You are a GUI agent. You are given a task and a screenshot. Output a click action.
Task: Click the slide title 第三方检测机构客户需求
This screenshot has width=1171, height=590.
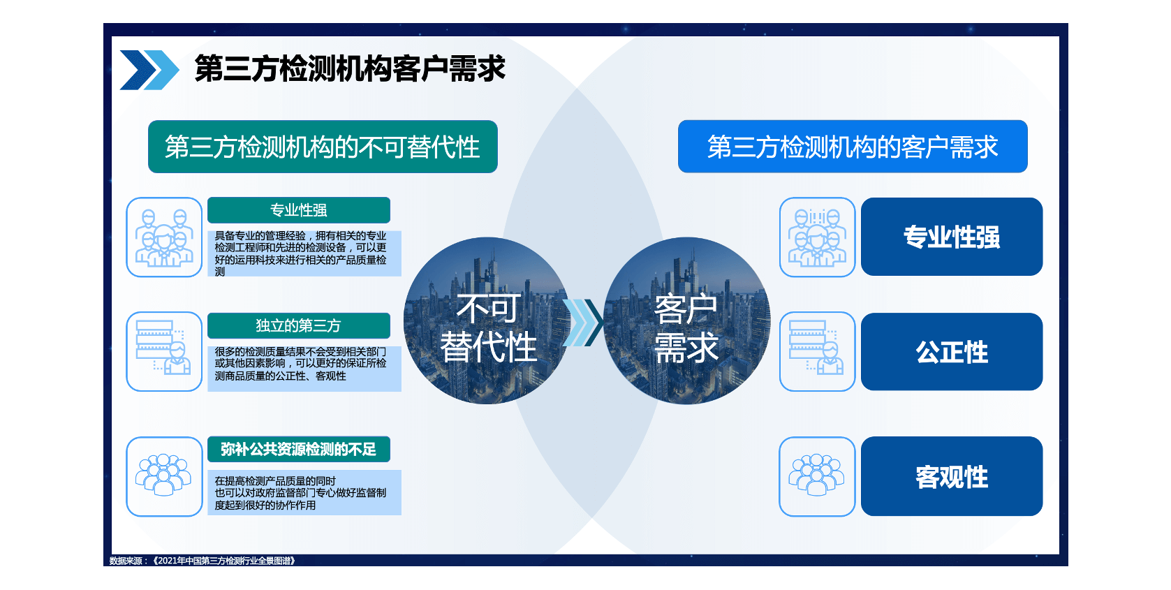click(x=350, y=69)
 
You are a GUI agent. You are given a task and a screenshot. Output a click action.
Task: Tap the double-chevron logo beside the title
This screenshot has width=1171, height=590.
click(x=149, y=70)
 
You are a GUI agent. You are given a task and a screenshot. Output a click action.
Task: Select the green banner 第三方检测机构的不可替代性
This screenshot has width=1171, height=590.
click(x=323, y=147)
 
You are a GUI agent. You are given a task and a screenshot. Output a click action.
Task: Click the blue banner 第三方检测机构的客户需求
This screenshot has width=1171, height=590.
click(x=853, y=147)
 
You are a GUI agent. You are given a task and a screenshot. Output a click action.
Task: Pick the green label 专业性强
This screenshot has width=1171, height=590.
click(x=298, y=210)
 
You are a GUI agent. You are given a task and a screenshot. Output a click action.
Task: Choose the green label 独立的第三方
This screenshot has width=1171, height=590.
click(x=298, y=325)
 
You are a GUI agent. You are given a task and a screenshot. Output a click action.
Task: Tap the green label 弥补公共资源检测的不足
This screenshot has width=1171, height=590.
click(x=298, y=450)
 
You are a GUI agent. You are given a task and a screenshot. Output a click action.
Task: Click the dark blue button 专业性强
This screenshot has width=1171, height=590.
click(x=952, y=237)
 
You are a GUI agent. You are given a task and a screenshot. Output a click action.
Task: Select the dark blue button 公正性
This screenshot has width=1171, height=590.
click(x=952, y=352)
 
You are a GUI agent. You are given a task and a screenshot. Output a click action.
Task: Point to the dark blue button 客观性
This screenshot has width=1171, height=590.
click(x=952, y=476)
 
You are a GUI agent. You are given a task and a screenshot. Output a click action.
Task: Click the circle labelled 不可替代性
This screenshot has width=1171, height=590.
click(x=487, y=320)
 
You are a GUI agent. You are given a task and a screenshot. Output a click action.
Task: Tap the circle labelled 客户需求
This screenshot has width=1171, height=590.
click(x=686, y=320)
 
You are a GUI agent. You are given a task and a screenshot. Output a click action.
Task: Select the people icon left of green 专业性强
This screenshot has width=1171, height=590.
click(x=164, y=237)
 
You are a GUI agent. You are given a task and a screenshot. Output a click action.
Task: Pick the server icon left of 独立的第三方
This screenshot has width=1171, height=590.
click(x=164, y=351)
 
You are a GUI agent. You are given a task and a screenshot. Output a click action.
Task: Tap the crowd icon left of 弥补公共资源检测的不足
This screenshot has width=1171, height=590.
click(x=164, y=476)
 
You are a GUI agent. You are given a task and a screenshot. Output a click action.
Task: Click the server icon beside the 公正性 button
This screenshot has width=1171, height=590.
click(x=817, y=351)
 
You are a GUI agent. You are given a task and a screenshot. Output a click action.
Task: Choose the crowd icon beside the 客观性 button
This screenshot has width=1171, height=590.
click(x=817, y=476)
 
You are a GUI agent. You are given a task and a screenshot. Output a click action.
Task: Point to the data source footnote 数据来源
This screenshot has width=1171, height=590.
click(x=202, y=561)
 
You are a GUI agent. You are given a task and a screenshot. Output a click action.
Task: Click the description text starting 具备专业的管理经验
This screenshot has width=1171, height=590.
click(x=300, y=253)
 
